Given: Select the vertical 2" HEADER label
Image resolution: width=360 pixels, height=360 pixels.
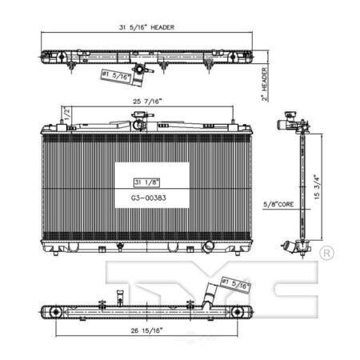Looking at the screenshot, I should click(x=264, y=79).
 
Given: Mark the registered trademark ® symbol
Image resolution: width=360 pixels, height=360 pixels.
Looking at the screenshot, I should click(x=326, y=254).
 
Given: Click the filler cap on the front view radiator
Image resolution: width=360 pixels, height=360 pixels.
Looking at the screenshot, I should click(x=138, y=122).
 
